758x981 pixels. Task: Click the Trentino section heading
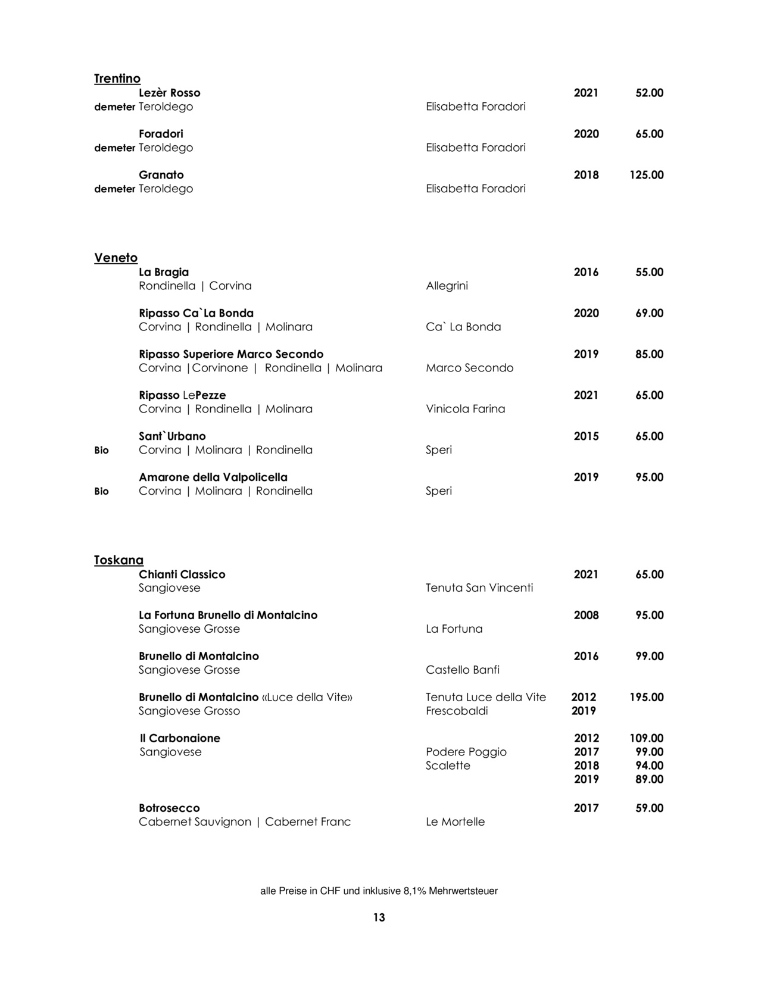(x=117, y=79)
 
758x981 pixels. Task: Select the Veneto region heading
(x=116, y=258)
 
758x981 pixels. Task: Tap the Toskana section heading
(x=118, y=560)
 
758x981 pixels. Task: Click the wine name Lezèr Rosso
(x=170, y=93)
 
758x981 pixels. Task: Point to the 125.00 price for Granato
(x=646, y=175)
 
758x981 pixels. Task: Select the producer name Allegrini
(x=447, y=286)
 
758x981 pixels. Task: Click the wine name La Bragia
(x=164, y=272)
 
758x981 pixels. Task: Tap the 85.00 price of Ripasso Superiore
(x=649, y=354)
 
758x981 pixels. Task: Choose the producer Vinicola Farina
(x=465, y=409)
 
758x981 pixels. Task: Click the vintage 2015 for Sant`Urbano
(x=586, y=436)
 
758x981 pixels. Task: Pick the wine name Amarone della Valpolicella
(x=213, y=477)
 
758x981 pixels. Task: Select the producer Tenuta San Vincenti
(x=479, y=588)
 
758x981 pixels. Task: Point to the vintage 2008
(x=586, y=616)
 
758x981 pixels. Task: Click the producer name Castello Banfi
(x=463, y=670)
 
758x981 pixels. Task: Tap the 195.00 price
(x=646, y=697)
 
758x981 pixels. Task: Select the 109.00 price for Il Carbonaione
(x=646, y=738)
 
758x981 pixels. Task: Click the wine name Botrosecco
(x=169, y=808)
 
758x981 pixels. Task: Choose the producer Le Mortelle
(x=455, y=822)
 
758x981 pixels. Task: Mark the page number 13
(x=379, y=917)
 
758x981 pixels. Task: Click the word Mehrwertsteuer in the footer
(x=463, y=891)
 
